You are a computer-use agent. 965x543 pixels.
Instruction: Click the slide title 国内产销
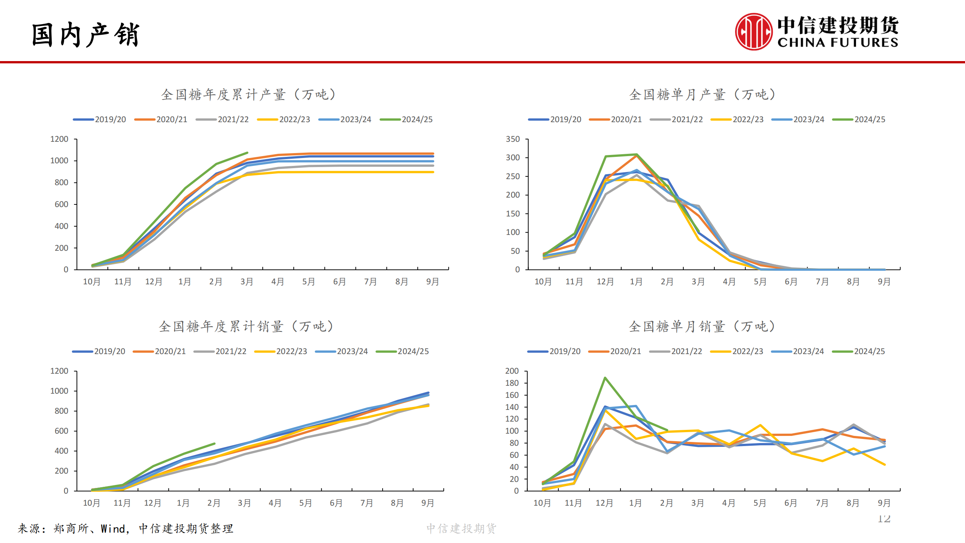tap(86, 35)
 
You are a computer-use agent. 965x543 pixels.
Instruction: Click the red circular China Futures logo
tap(753, 32)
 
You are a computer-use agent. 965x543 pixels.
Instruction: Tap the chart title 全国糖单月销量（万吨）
tap(702, 327)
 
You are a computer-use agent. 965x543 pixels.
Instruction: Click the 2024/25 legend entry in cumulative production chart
tap(406, 120)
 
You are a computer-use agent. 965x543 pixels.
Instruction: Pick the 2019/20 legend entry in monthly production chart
tap(554, 120)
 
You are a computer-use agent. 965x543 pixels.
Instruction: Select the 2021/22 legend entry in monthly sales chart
tap(676, 351)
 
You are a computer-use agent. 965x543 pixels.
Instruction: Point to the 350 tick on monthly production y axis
tap(513, 139)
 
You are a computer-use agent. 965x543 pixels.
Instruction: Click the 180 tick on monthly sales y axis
tap(512, 383)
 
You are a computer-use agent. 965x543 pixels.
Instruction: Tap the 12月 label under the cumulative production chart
tap(154, 282)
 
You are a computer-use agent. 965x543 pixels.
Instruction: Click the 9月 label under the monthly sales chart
tap(884, 503)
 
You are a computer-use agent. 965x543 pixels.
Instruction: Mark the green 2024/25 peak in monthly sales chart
tap(605, 378)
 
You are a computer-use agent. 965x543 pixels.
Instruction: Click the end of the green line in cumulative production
tap(247, 153)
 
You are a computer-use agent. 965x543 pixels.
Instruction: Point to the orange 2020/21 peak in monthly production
tap(636, 155)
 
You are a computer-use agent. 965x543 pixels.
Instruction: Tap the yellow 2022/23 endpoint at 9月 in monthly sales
tap(884, 465)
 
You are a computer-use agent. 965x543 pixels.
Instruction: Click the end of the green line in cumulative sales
tap(214, 444)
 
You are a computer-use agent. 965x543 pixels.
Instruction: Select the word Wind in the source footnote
tap(113, 529)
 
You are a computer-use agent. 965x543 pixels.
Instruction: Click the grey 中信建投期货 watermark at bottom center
tap(461, 529)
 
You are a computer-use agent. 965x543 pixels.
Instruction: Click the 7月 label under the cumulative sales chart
tap(366, 503)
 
